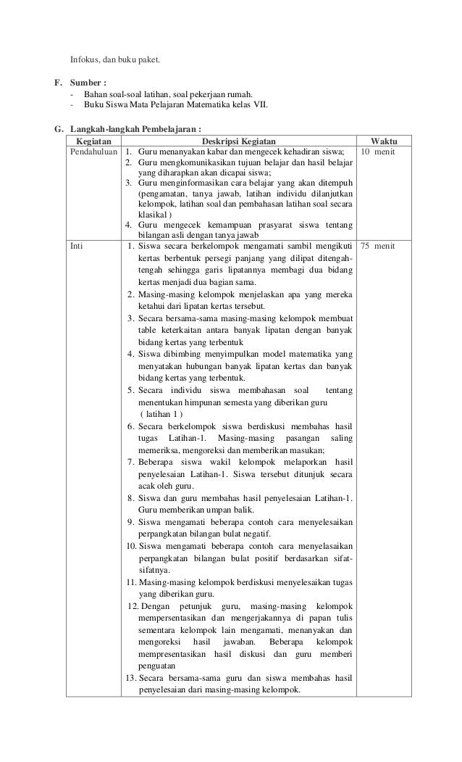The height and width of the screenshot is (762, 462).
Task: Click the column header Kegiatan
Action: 93,141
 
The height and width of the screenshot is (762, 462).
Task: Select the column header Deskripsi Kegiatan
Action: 238,141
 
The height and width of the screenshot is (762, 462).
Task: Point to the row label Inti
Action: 76,247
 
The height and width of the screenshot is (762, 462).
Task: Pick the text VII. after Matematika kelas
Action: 259,106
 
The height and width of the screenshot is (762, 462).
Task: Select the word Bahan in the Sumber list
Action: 96,94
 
